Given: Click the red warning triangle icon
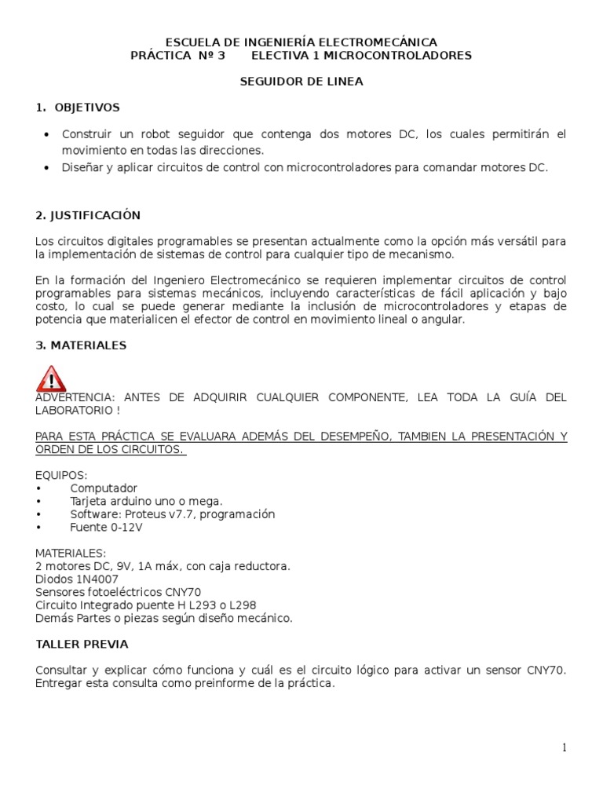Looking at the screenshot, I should [51, 378].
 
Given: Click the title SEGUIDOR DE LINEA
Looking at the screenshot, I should [301, 81].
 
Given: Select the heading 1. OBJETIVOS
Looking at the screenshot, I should [77, 107].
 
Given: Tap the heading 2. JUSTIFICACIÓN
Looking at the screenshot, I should [88, 215].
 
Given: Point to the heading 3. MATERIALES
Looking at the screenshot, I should [81, 345].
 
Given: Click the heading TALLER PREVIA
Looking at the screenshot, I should [82, 644].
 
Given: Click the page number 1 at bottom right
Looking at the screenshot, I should [564, 747].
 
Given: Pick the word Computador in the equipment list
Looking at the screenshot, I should [103, 488].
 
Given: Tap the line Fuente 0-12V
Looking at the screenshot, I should [106, 527].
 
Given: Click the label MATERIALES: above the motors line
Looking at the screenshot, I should [70, 553].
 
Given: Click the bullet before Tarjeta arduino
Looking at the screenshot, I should [38, 501].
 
